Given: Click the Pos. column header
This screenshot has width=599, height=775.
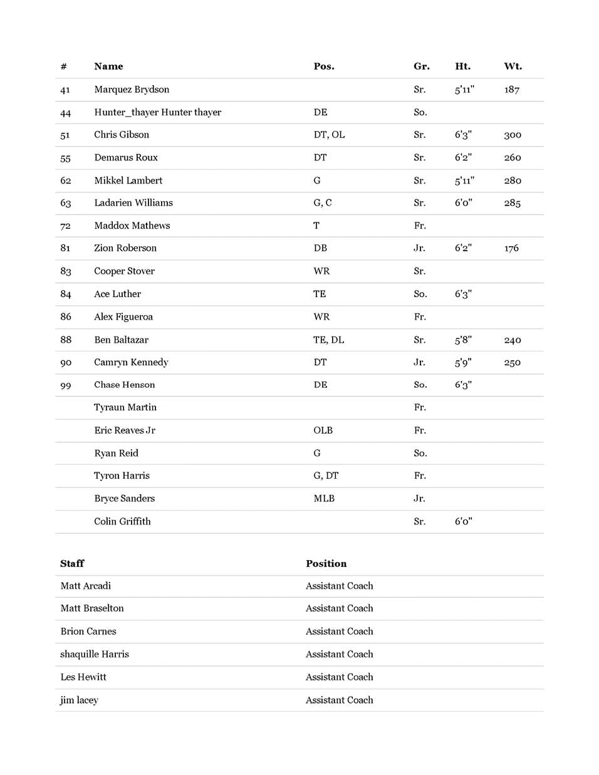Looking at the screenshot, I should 323,66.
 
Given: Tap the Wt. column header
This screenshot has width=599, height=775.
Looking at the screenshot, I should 513,66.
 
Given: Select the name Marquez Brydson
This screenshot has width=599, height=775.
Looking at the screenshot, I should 132,90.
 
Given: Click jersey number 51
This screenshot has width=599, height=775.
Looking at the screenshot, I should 65,135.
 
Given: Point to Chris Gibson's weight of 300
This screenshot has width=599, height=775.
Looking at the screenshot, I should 513,135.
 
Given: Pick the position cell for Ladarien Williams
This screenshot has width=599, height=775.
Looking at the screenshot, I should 323,203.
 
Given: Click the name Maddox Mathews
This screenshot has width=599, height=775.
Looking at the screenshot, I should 132,226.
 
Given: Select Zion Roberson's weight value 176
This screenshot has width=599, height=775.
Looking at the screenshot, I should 511,249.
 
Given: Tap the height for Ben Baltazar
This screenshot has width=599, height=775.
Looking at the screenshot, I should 463,340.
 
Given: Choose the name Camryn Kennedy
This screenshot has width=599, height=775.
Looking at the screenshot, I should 131,362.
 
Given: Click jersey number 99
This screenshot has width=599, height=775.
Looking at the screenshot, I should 66,385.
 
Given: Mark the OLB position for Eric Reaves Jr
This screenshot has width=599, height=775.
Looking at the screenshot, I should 323,430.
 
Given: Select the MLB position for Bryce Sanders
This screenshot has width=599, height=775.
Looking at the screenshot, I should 324,499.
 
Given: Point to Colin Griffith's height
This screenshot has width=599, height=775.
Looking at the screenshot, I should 463,521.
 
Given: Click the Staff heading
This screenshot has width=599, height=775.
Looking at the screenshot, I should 72,564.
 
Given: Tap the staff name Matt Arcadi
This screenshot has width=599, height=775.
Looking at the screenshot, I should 85,586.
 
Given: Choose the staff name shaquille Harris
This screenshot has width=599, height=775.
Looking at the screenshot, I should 95,654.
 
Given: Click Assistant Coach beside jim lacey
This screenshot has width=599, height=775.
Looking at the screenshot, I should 339,700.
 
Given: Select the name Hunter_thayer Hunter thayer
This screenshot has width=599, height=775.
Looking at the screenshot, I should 157,112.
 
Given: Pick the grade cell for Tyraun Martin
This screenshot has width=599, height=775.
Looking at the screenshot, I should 420,407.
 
